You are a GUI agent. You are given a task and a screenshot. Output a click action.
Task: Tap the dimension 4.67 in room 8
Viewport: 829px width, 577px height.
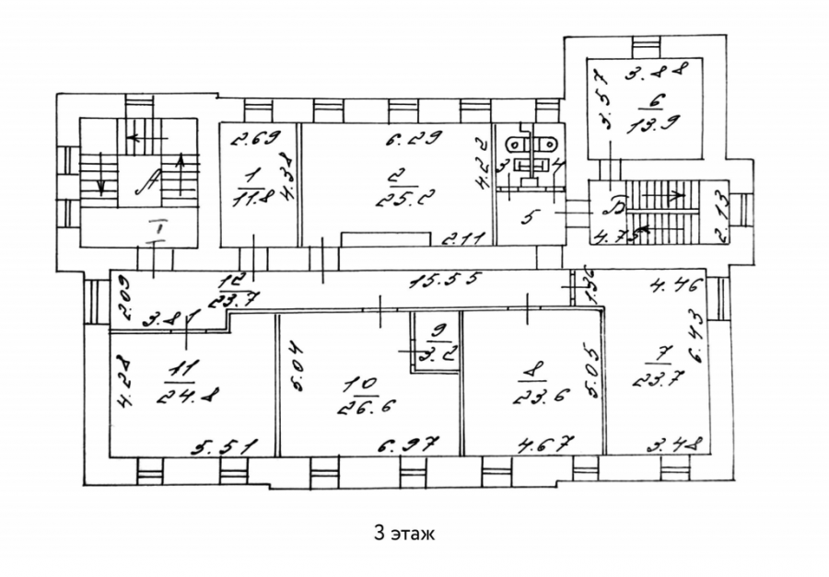541,446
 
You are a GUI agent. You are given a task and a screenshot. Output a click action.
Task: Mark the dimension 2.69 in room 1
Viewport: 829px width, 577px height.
250,140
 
